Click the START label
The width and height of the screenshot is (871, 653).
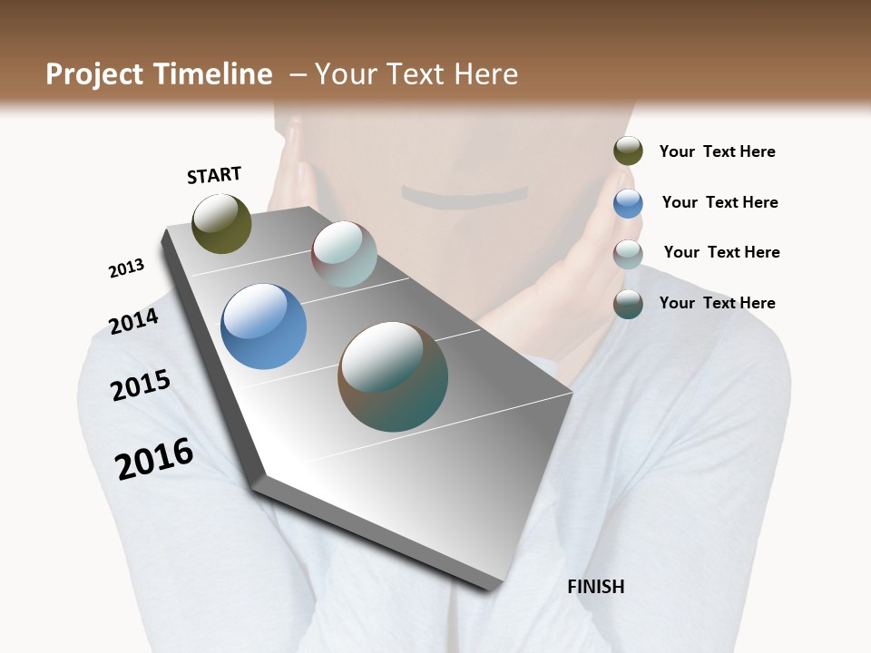214,175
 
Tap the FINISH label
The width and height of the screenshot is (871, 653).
595,587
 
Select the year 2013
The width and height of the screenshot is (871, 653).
126,268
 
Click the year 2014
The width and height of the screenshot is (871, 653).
133,321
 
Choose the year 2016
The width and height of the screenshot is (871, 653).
154,459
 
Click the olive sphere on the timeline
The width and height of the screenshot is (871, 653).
221,224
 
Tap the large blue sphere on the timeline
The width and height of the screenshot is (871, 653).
263,326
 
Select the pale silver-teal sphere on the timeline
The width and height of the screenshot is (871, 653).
344,254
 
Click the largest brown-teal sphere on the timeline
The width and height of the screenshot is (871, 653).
393,376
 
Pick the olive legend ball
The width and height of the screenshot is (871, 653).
628,151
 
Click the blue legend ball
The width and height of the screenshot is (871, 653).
628,202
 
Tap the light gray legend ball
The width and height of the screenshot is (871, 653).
628,254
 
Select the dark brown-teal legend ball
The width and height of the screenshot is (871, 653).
628,304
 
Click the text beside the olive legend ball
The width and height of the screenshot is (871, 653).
717,151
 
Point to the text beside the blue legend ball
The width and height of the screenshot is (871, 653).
719,202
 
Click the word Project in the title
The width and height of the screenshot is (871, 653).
93,74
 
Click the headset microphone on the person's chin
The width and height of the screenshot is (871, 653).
465,195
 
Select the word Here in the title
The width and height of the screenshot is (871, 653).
485,74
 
